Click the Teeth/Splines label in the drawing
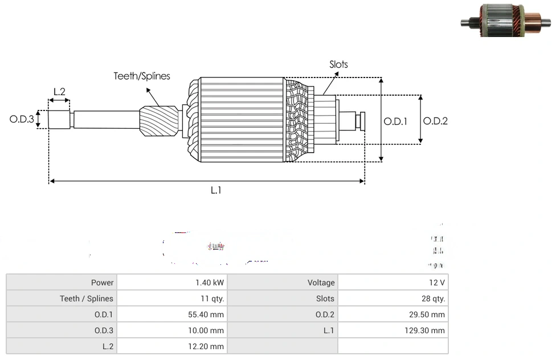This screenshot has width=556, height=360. click(x=142, y=76)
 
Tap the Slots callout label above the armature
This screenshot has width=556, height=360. click(x=338, y=64)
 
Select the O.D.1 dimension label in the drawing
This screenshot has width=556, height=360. click(x=395, y=121)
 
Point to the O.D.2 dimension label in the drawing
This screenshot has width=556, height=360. click(x=435, y=121)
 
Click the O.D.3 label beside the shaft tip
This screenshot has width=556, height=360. click(x=22, y=120)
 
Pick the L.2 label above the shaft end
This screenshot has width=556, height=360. click(x=59, y=91)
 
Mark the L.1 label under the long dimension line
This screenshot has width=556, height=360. click(x=216, y=191)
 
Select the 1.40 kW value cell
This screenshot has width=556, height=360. click(x=210, y=283)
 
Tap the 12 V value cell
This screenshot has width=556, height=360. click(x=437, y=283)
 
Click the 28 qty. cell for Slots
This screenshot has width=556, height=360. click(x=434, y=298)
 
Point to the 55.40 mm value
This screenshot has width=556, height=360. click(x=207, y=314)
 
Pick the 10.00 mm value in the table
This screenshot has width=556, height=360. click(x=207, y=330)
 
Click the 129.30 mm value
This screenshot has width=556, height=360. click(x=426, y=330)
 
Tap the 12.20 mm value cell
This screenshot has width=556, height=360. click(x=207, y=346)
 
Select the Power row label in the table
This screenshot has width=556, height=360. click(x=103, y=283)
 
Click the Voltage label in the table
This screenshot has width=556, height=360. click(x=321, y=283)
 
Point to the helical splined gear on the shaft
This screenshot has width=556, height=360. click(x=158, y=123)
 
